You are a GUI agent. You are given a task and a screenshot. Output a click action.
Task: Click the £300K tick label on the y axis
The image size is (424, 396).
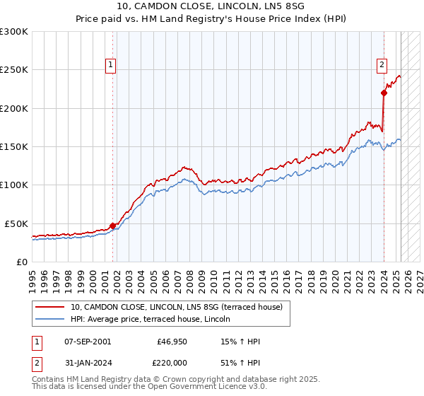tap(14, 32)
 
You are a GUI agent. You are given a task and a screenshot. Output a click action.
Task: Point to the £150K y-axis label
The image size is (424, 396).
tap(14, 147)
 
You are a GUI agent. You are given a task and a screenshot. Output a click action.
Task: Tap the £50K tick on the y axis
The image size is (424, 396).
tap(16, 223)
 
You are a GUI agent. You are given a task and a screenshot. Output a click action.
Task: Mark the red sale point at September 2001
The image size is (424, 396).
tap(112, 226)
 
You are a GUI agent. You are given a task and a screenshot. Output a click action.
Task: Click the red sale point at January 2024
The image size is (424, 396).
tap(384, 93)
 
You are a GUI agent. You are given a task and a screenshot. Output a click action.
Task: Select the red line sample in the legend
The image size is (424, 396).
tap(50, 307)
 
